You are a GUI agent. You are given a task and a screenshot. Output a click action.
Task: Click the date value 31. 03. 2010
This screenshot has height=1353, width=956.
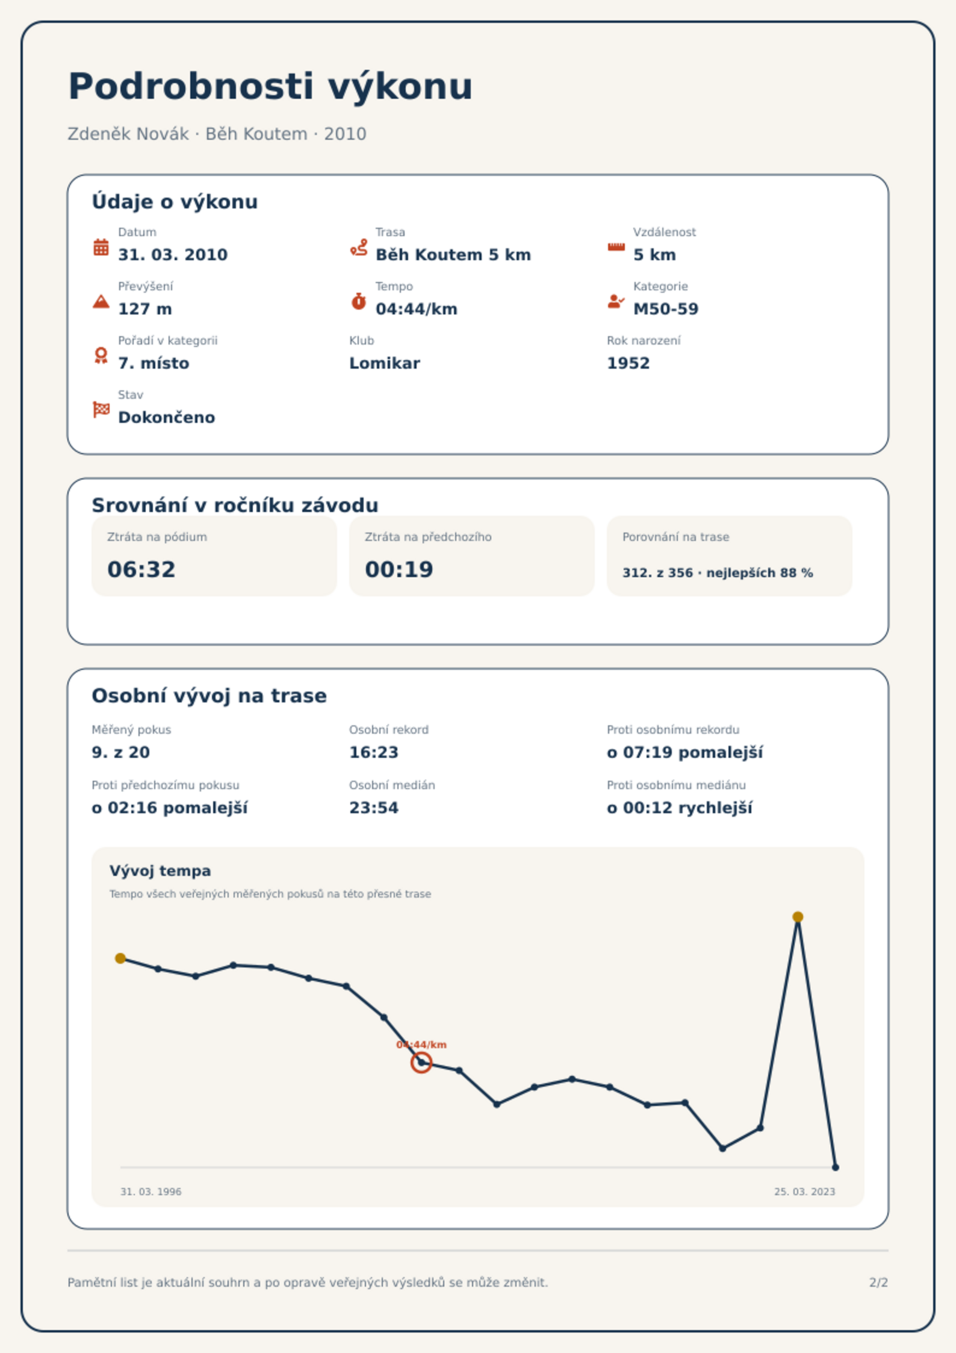(x=173, y=255)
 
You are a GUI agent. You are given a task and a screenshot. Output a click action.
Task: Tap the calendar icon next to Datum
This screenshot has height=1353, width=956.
(x=101, y=247)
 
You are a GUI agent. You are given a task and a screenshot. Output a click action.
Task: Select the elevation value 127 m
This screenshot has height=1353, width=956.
(x=145, y=309)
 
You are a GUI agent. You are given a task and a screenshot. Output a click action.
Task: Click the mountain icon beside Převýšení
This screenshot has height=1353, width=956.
(x=101, y=301)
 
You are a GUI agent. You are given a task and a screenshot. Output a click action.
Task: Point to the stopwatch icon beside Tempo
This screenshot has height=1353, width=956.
(x=359, y=301)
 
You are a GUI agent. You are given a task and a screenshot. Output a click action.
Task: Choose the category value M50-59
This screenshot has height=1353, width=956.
(x=666, y=309)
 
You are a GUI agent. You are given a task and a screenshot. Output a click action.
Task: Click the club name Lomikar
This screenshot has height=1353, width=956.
(x=385, y=363)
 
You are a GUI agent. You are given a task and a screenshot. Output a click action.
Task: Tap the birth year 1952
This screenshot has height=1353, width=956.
(x=629, y=363)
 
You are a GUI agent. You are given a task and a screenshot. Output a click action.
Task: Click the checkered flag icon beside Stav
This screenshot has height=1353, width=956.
(x=101, y=410)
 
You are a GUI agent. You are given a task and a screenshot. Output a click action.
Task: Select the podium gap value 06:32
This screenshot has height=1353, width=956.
(x=141, y=569)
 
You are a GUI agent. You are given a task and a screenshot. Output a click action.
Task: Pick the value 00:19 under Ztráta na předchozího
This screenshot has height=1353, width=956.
(x=399, y=569)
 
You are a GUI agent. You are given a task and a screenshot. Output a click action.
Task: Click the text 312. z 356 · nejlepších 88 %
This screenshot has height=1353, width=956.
(x=718, y=573)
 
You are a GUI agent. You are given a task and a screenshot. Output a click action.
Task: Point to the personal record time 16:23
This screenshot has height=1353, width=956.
(x=374, y=752)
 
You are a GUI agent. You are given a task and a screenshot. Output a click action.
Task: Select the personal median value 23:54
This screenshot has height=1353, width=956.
(x=374, y=808)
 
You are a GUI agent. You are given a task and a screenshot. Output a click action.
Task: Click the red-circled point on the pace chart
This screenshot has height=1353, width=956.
(x=421, y=1063)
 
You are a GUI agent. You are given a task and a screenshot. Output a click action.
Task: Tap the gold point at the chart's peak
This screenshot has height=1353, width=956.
(x=798, y=917)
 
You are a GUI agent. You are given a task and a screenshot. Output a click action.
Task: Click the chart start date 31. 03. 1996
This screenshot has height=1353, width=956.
(x=151, y=1192)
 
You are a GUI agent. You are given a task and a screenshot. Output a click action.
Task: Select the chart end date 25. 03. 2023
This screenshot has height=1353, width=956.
(x=805, y=1192)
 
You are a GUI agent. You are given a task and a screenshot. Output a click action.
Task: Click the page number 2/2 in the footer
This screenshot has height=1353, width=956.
(x=879, y=1283)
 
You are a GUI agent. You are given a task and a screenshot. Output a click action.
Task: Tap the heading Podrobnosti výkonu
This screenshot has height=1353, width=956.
(x=270, y=86)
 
